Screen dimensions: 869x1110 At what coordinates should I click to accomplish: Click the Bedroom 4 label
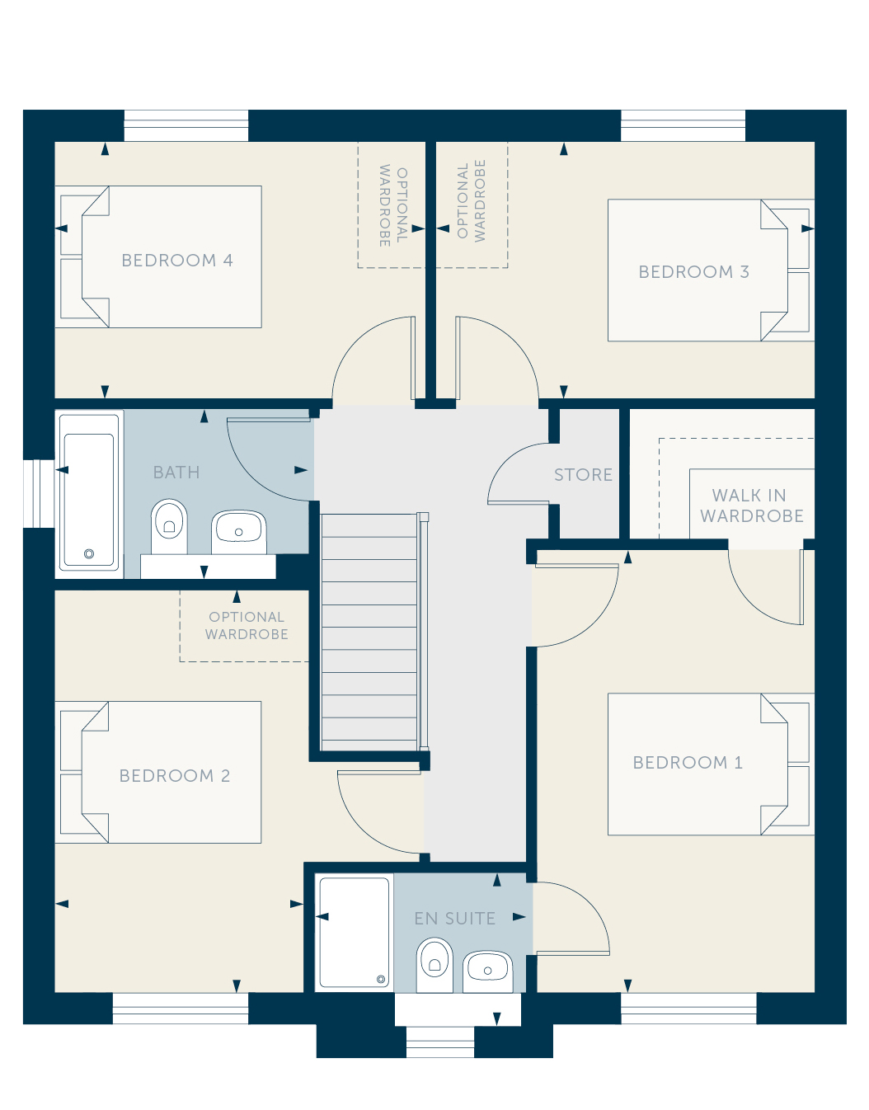pyautogui.click(x=177, y=261)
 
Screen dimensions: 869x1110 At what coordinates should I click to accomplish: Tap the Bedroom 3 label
pyautogui.click(x=694, y=272)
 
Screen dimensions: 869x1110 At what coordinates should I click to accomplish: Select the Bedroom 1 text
pyautogui.click(x=688, y=763)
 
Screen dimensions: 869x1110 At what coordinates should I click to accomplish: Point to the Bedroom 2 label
pyautogui.click(x=175, y=776)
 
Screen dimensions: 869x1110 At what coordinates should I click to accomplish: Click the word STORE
pyautogui.click(x=583, y=475)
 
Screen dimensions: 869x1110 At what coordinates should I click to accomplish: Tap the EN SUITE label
pyautogui.click(x=454, y=919)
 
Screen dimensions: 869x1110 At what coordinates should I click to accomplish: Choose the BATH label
pyautogui.click(x=176, y=472)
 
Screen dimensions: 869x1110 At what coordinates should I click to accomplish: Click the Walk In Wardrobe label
pyautogui.click(x=752, y=506)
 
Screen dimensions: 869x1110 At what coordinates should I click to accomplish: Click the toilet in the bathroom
pyautogui.click(x=170, y=526)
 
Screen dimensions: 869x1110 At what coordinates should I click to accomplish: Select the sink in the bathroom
pyautogui.click(x=239, y=532)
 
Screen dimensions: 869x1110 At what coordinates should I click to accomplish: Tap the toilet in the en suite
pyautogui.click(x=434, y=964)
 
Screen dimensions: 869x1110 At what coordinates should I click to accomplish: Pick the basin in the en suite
pyautogui.click(x=488, y=971)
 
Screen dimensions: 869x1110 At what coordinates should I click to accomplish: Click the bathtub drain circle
pyautogui.click(x=89, y=553)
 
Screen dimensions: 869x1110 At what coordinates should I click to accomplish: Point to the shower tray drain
pyautogui.click(x=380, y=979)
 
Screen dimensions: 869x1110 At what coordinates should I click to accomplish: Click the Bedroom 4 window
pyautogui.click(x=186, y=125)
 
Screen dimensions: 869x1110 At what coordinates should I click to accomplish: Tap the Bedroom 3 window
pyautogui.click(x=683, y=125)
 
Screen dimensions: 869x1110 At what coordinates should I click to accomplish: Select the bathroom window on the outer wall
pyautogui.click(x=39, y=493)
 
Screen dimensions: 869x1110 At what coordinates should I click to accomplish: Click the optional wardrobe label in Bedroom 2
pyautogui.click(x=247, y=626)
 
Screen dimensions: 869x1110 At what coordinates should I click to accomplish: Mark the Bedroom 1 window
pyautogui.click(x=688, y=1009)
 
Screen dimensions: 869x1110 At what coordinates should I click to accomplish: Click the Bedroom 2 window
pyautogui.click(x=181, y=1009)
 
